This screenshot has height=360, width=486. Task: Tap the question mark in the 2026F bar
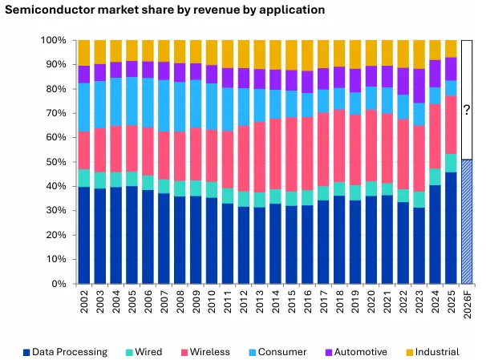click(466, 110)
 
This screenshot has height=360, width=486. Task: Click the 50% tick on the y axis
click(54, 162)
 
